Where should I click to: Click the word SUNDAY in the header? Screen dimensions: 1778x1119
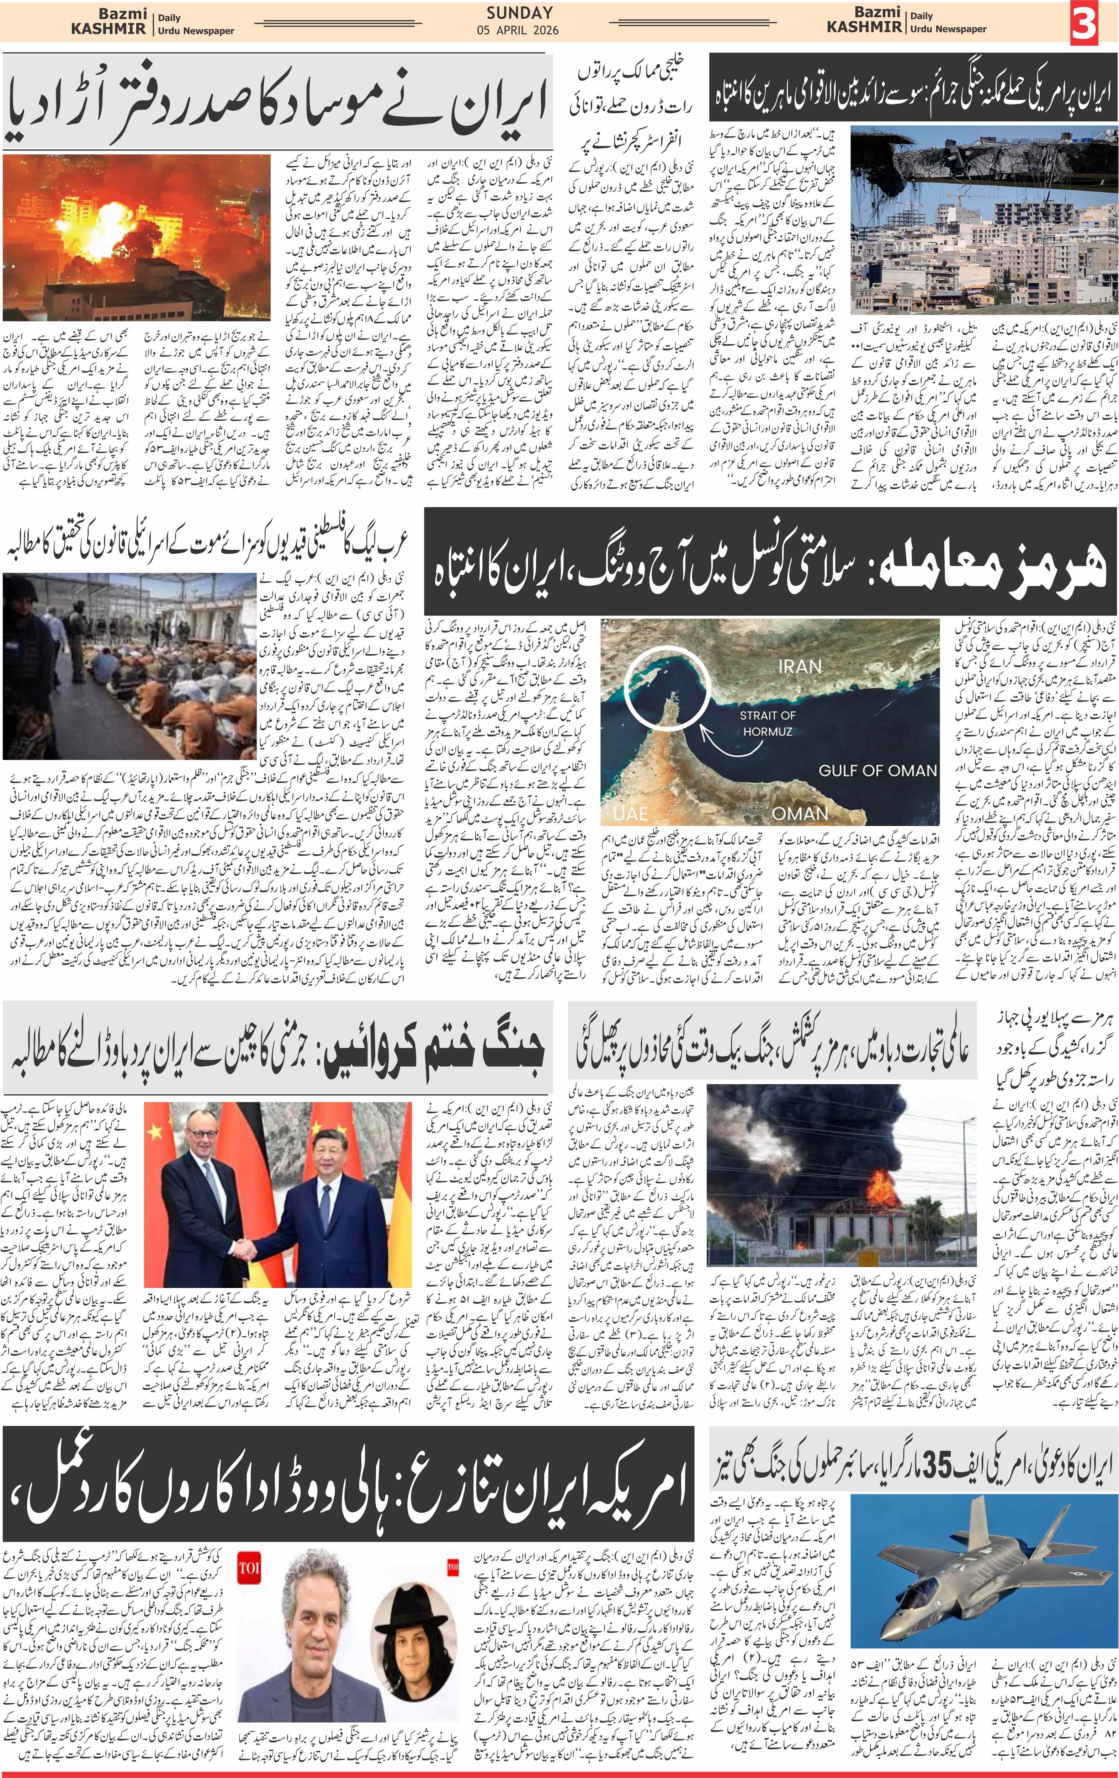pos(519,12)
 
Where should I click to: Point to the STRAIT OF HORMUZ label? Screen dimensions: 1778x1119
pos(768,723)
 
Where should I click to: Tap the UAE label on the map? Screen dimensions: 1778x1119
pos(630,813)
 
